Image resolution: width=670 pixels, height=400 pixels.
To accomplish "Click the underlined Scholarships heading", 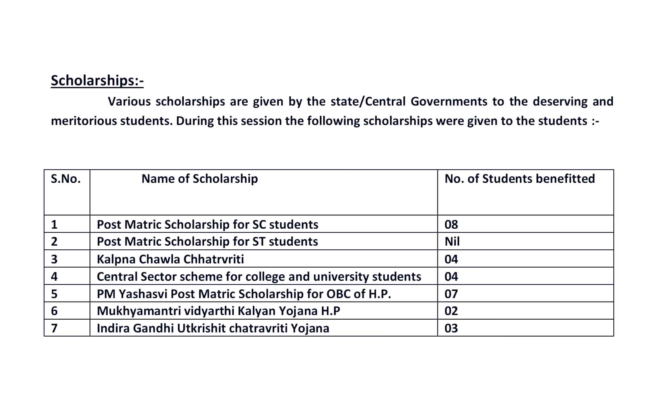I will (x=97, y=80).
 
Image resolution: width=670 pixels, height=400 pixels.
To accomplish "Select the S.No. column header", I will (x=66, y=179).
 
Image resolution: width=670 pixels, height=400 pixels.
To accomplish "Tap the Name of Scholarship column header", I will (x=199, y=179).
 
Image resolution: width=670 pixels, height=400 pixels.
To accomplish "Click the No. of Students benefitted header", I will (x=519, y=179).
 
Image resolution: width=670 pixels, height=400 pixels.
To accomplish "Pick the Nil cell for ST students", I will (x=452, y=242).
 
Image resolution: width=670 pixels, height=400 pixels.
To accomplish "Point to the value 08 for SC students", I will (x=451, y=225).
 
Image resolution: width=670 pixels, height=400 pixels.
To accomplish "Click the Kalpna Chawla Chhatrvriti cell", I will (x=170, y=259).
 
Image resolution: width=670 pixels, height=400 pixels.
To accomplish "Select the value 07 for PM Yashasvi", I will (x=451, y=294).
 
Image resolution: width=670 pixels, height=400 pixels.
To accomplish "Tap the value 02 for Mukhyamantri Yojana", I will (x=451, y=311).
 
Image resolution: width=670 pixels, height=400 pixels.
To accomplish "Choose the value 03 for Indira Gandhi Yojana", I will (x=451, y=328).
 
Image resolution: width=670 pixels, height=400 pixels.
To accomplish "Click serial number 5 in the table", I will (x=54, y=294).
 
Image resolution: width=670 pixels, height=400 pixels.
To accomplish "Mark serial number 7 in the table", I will (x=54, y=328).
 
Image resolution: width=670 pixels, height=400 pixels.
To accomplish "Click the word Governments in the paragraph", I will (x=449, y=101).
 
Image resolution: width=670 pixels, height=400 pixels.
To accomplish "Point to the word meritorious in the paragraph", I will (x=84, y=121).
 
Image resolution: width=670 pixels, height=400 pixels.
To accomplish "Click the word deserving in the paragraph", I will (x=560, y=101).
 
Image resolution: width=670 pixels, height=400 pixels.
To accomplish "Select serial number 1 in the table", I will (x=54, y=225).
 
